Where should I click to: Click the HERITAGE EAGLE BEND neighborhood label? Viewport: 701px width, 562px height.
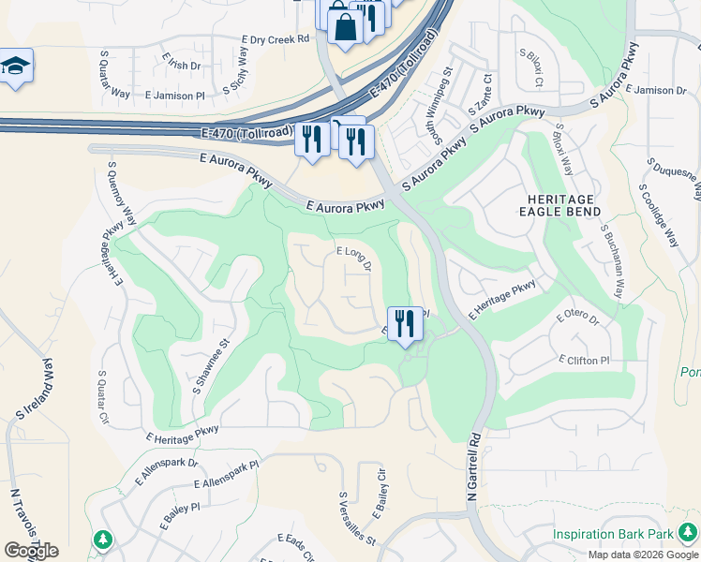pyautogui.click(x=559, y=206)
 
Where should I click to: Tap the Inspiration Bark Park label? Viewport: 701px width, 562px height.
pyautogui.click(x=613, y=534)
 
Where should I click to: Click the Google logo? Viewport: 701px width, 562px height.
pyautogui.click(x=31, y=551)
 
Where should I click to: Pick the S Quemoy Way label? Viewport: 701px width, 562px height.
pyautogui.click(x=123, y=193)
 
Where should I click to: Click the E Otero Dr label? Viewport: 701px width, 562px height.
pyautogui.click(x=577, y=318)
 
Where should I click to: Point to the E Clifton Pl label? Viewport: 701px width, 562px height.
pyautogui.click(x=584, y=360)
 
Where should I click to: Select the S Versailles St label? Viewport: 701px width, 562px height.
pyautogui.click(x=357, y=519)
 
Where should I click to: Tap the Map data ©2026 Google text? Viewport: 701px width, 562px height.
pyautogui.click(x=643, y=555)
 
